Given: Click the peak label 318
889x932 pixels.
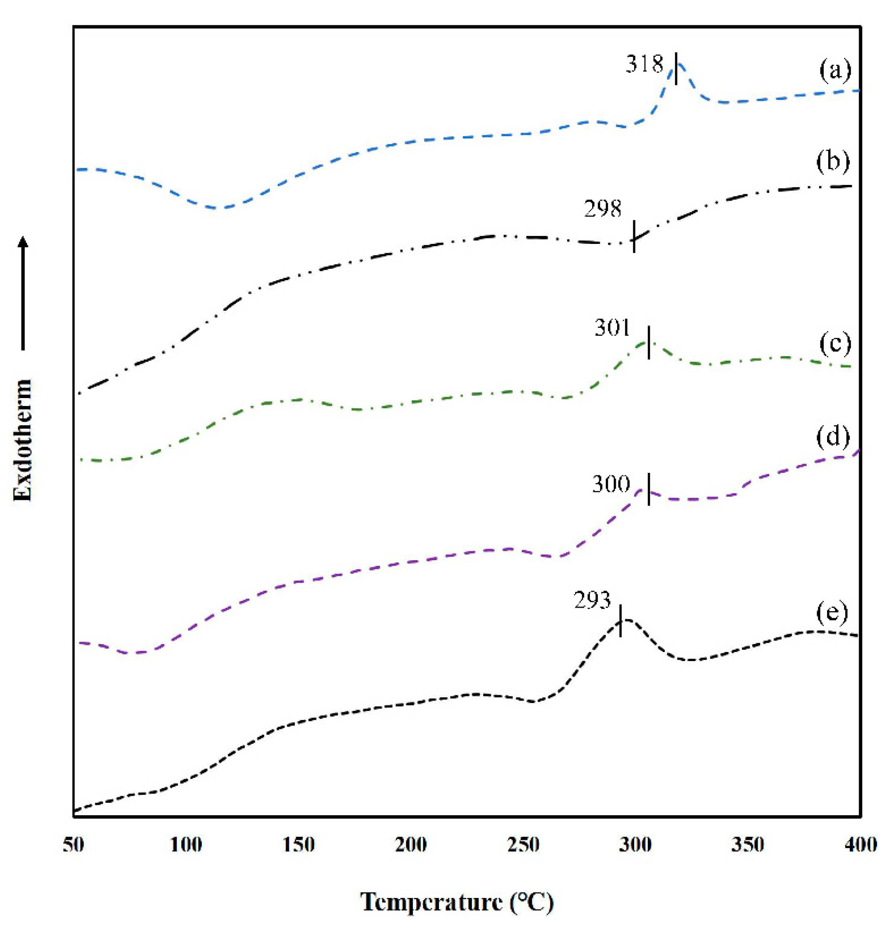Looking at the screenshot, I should pyautogui.click(x=644, y=64).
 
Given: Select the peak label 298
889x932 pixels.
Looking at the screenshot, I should pyautogui.click(x=603, y=209).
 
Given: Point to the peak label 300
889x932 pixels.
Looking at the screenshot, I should pyautogui.click(x=611, y=484).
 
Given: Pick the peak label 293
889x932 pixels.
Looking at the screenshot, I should pyautogui.click(x=593, y=600).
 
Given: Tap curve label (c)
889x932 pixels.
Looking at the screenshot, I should pyautogui.click(x=835, y=343).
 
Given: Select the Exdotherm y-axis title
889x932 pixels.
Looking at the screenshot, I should pyautogui.click(x=22, y=440).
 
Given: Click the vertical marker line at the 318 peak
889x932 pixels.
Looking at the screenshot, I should pyautogui.click(x=676, y=68).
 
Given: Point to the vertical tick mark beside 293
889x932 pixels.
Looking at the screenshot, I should pyautogui.click(x=621, y=621).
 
